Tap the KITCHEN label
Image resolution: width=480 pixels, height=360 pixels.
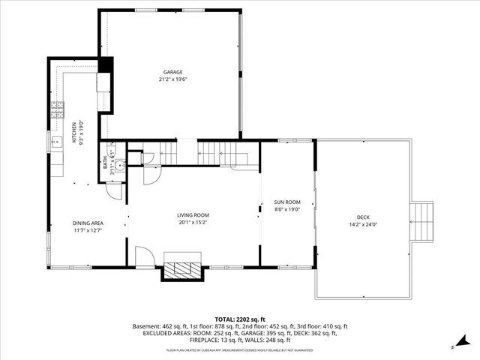(x=73, y=133)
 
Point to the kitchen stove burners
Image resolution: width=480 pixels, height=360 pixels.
(x=56, y=112)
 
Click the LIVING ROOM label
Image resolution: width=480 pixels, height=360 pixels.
(x=193, y=215)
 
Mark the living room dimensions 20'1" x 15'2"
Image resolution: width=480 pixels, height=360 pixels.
(x=193, y=222)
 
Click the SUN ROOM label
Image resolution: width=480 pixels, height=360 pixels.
(x=286, y=202)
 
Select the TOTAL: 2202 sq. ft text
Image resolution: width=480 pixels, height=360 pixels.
(x=239, y=319)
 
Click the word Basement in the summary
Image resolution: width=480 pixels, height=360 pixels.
(x=145, y=327)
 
